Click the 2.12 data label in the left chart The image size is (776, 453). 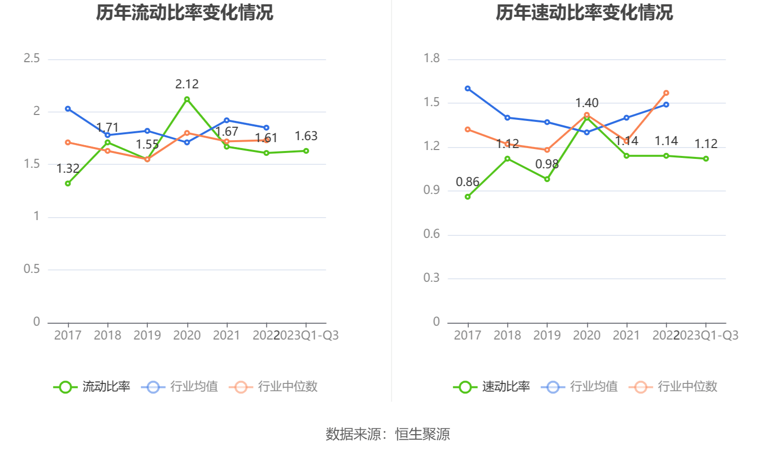(x=187, y=84)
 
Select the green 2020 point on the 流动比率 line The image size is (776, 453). (x=187, y=99)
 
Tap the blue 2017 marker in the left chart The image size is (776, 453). (x=68, y=109)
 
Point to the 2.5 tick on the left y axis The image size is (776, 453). (x=32, y=59)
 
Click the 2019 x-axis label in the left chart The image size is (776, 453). (x=147, y=336)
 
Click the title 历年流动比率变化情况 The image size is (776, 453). (x=184, y=13)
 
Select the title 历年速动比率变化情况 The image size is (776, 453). (x=584, y=13)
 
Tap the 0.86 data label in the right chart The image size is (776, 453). (x=467, y=182)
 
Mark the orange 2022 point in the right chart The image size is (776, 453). (x=666, y=93)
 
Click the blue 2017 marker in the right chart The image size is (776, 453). (x=468, y=89)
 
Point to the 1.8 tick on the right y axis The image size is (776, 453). (x=431, y=59)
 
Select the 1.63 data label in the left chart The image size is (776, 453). (x=306, y=136)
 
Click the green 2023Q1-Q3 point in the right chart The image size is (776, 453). (x=706, y=159)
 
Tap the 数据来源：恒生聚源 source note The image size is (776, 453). (x=388, y=434)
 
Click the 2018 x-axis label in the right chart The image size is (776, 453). (x=507, y=336)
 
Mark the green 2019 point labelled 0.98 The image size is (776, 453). (x=547, y=179)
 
